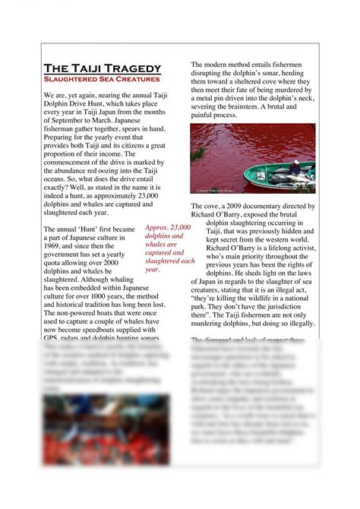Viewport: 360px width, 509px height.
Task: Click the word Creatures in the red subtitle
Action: pos(134,78)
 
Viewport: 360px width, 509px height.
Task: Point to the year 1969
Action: pos(55,247)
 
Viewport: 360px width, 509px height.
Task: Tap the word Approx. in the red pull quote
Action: pos(157,227)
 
